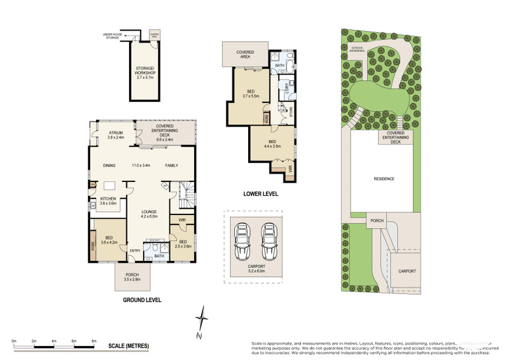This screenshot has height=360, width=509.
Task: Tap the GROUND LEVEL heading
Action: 143,300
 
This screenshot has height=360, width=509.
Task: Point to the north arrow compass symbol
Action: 202,321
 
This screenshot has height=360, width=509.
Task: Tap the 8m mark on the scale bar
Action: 94,342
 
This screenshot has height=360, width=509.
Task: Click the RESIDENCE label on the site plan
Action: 384,179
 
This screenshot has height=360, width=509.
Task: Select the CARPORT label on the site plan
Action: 407,271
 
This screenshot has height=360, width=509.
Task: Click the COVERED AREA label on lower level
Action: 245,54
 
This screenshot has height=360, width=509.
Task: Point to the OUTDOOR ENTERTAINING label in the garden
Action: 358,48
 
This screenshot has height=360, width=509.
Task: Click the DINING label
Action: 109,165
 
